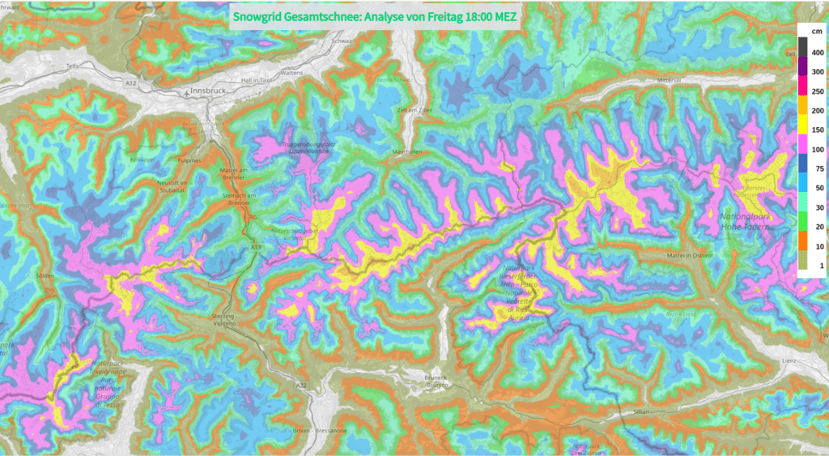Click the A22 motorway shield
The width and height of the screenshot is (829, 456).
point(301,385)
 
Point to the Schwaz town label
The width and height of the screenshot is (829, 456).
point(342,40)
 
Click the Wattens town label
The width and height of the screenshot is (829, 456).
point(291,73)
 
